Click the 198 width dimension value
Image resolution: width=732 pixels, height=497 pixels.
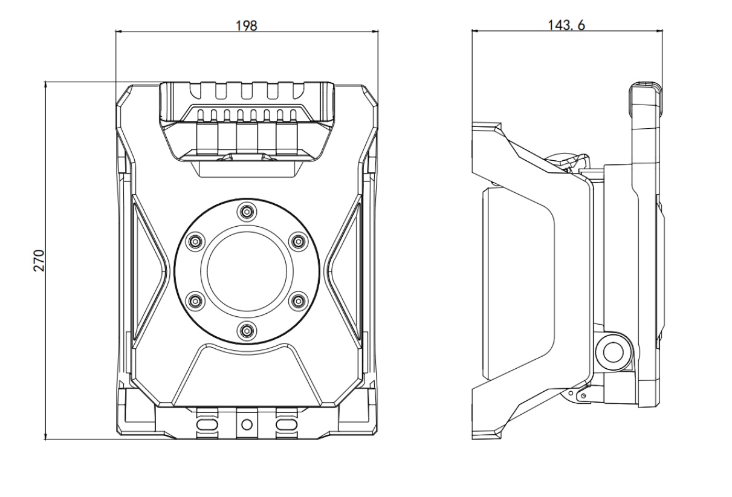click(247, 25)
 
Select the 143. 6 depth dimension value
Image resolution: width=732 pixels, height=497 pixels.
click(566, 25)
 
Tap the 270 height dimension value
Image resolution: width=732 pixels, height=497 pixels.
click(37, 260)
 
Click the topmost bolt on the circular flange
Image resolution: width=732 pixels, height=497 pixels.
click(246, 212)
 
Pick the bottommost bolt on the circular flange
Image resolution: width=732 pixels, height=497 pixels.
click(246, 330)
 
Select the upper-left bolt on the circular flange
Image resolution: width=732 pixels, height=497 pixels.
click(194, 241)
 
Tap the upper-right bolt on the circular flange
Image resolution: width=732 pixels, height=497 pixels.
click(297, 241)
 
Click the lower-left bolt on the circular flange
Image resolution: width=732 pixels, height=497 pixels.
click(194, 300)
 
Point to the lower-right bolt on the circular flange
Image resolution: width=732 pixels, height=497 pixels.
click(297, 300)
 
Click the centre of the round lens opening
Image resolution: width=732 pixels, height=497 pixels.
click(246, 271)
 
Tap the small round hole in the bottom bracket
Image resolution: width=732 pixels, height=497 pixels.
click(245, 423)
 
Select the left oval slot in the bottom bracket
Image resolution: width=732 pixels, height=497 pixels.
click(206, 423)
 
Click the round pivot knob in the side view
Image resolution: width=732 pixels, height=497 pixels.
click(614, 351)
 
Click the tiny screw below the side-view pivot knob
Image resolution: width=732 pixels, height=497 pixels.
click(583, 396)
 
